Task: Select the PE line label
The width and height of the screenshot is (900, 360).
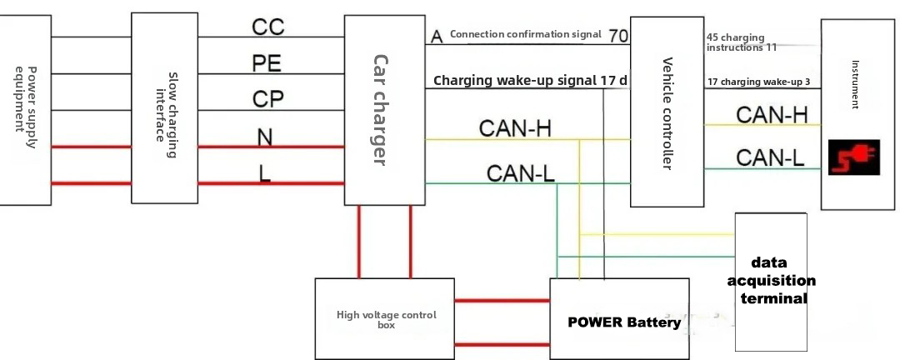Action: tap(267, 62)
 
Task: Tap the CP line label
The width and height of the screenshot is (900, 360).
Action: tap(267, 99)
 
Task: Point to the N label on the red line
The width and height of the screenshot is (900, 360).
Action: tap(265, 135)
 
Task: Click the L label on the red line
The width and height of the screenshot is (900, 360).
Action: tap(265, 172)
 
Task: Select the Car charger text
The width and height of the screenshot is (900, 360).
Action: tap(379, 110)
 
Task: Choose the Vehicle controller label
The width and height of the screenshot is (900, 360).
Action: tap(667, 113)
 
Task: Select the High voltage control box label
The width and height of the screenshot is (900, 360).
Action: tap(386, 320)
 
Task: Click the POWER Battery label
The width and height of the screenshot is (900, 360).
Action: tap(624, 322)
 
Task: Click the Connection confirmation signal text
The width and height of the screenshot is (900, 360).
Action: tap(525, 35)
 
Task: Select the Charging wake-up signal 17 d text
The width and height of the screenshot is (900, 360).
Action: tap(530, 81)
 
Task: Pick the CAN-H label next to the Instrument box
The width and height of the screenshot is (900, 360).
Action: tap(772, 115)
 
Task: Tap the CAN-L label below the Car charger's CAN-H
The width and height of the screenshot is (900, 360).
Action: tap(522, 172)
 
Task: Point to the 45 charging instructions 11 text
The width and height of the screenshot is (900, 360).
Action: tap(742, 42)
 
